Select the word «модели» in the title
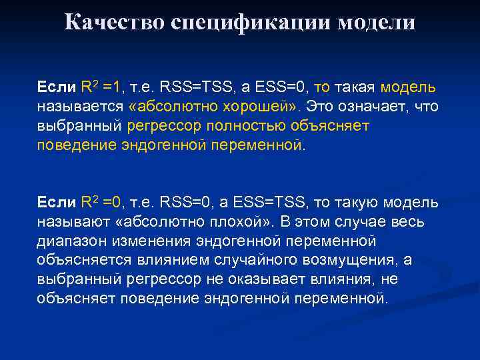(377, 22)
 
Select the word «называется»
(74, 107)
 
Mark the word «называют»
(70, 221)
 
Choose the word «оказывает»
(257, 279)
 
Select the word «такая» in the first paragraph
(355, 87)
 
